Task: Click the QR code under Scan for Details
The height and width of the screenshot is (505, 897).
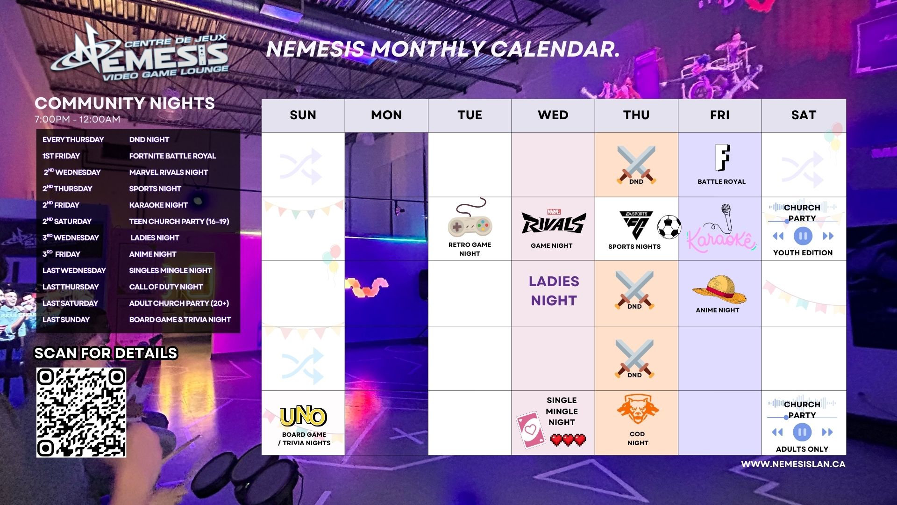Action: point(81,412)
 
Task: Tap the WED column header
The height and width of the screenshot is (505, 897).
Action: point(553,115)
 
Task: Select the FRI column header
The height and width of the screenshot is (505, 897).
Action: point(719,115)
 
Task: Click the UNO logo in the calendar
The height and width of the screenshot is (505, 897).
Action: point(303,416)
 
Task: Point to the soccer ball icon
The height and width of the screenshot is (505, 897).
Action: point(669,227)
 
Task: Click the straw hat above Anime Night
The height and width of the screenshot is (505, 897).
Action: point(719,289)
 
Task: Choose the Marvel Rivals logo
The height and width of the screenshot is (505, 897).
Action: point(554,222)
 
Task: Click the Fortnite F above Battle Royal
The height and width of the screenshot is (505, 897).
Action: point(722,158)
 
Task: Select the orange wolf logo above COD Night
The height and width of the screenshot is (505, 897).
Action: point(637,409)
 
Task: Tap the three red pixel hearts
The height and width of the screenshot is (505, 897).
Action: point(568,440)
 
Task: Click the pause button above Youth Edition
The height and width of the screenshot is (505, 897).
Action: point(803,236)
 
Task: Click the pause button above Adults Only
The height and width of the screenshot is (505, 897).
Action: point(802,432)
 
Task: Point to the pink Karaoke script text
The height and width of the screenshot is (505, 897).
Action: point(720,240)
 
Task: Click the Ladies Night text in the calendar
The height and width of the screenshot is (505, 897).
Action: point(554,291)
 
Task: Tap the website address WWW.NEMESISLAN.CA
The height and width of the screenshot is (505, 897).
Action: point(793,464)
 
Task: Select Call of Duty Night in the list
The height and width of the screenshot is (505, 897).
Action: point(166,287)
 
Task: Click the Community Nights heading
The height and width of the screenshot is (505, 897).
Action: point(125,103)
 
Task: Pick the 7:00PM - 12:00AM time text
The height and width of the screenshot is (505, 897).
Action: point(78,119)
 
